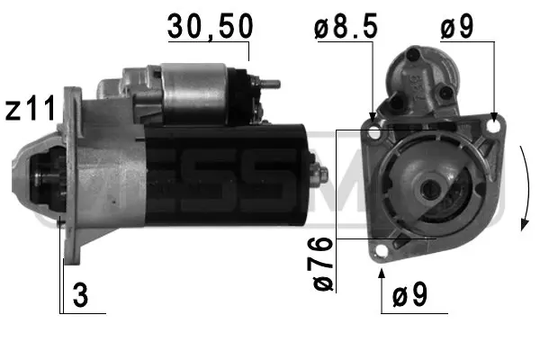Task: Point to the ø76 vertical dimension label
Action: pyautogui.click(x=325, y=260)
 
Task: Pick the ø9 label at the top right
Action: pyautogui.click(x=456, y=28)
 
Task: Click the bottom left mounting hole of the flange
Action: pyautogui.click(x=382, y=249)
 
